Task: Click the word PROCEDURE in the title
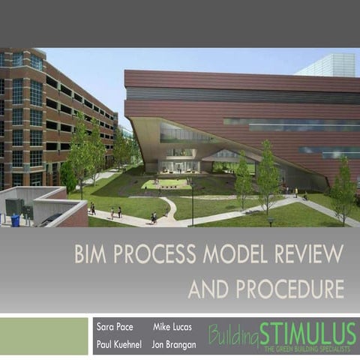point(287,289)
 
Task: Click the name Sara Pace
point(114,328)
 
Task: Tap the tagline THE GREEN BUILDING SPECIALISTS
point(309,349)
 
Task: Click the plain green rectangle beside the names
point(44,335)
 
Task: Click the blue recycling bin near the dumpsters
point(15,220)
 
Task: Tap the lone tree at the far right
point(343,190)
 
